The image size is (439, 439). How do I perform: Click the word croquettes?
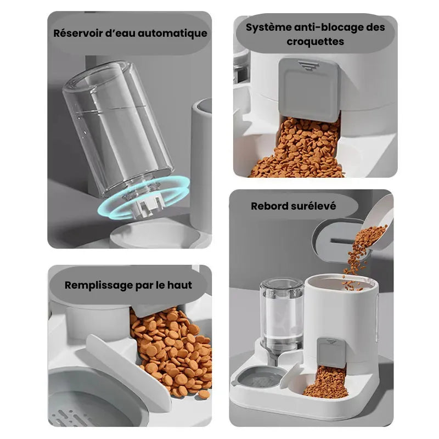pos(315,42)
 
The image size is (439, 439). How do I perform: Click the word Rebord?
pos(269,206)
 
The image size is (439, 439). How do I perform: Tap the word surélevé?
pos(313,206)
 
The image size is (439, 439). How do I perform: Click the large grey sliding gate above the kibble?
pos(309,89)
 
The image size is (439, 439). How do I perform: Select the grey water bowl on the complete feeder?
pos(259,377)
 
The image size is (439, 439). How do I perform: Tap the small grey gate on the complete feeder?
pos(331,352)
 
